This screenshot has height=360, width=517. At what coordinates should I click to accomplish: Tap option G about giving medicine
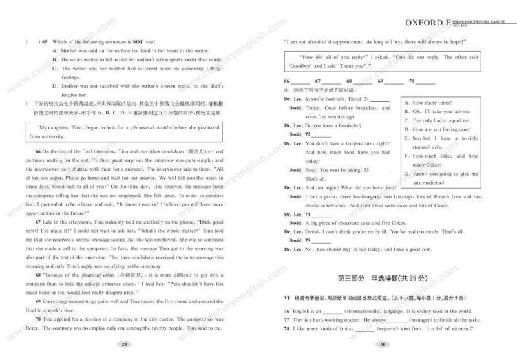[x=439, y=175]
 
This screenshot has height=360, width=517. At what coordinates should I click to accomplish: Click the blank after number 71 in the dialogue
[x=380, y=99]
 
